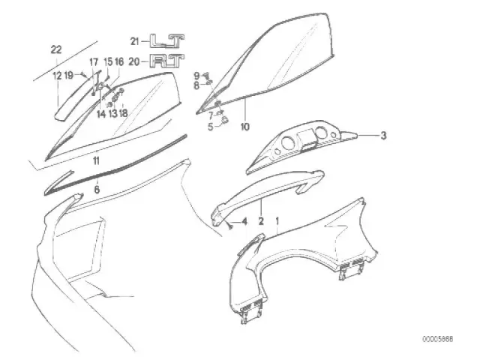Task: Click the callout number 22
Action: pyautogui.click(x=56, y=49)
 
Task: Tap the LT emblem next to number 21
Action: pyautogui.click(x=167, y=41)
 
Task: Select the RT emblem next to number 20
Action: pyautogui.click(x=167, y=61)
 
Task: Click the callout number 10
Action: pyautogui.click(x=245, y=127)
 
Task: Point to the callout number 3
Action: pyautogui.click(x=383, y=135)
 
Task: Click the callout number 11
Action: pyautogui.click(x=96, y=160)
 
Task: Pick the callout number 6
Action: pyautogui.click(x=97, y=190)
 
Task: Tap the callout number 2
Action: pyautogui.click(x=261, y=220)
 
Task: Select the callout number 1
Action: pyautogui.click(x=277, y=220)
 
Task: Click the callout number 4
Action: pyautogui.click(x=244, y=221)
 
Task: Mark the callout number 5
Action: pyautogui.click(x=210, y=127)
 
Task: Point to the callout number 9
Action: pyautogui.click(x=196, y=75)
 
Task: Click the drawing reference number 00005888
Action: pyautogui.click(x=438, y=339)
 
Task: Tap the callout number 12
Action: pyautogui.click(x=57, y=75)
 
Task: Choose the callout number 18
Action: pyautogui.click(x=123, y=113)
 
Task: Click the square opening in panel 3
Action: pyautogui.click(x=307, y=136)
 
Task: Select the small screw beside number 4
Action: pyautogui.click(x=231, y=226)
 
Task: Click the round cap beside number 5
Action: pyautogui.click(x=225, y=120)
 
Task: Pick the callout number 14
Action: pyautogui.click(x=101, y=114)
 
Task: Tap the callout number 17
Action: pyautogui.click(x=94, y=62)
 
